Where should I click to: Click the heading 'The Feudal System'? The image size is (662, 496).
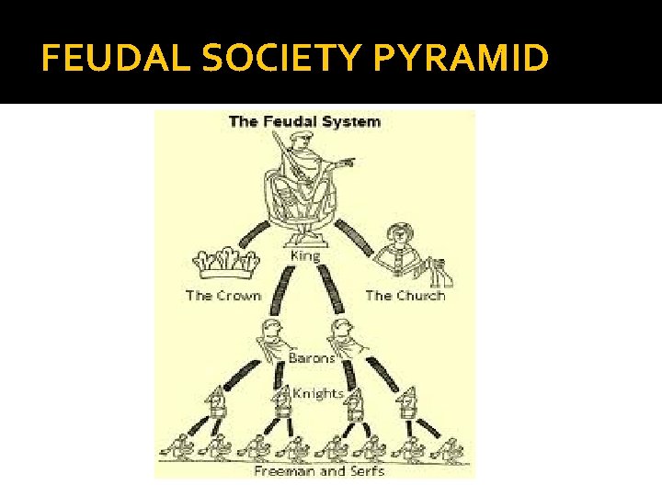pos(304,121)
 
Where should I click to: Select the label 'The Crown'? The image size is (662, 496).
pos(223,295)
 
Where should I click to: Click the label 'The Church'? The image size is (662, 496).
pos(405,295)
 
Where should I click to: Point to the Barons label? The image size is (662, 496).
pos(312,358)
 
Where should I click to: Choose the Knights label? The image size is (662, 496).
pos(317,392)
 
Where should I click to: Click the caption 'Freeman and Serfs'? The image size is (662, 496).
pos(318,470)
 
